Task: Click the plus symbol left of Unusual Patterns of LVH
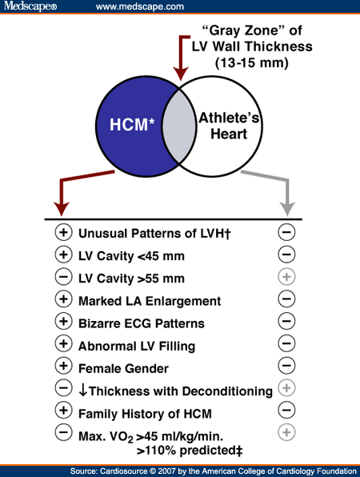coord(62,233)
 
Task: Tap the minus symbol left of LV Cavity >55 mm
coord(62,279)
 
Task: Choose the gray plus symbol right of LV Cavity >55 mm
coord(286,279)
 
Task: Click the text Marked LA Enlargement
coord(149,301)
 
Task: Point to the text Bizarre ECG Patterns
coord(141,323)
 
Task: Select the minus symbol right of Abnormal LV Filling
coord(286,346)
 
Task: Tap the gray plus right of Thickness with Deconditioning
coord(286,391)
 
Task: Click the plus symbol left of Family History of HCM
coord(62,413)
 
